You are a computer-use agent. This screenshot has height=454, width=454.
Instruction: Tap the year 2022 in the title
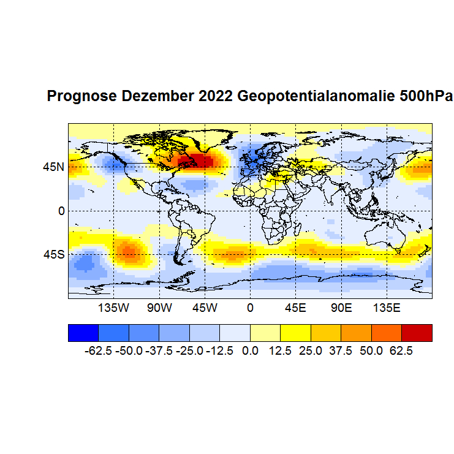[216, 97]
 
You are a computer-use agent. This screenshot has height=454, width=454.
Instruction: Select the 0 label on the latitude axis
[61, 211]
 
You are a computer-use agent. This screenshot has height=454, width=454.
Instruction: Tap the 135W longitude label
[114, 307]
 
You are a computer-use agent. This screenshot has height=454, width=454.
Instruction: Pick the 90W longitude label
[159, 307]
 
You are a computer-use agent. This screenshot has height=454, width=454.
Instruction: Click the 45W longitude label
[205, 307]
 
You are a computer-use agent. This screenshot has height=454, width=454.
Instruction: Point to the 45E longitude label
[295, 307]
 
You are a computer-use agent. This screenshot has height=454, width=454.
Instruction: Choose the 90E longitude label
[341, 307]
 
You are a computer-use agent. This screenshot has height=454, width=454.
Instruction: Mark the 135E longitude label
[386, 307]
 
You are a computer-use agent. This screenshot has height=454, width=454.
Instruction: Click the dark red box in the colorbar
[417, 332]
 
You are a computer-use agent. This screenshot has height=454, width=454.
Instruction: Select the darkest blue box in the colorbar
[83, 332]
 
